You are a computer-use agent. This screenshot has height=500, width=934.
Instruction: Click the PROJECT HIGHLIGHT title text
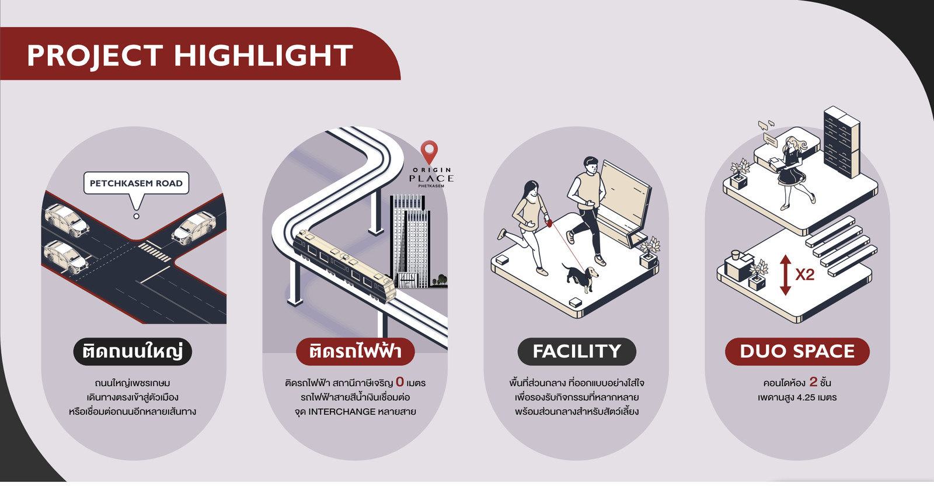click(x=190, y=55)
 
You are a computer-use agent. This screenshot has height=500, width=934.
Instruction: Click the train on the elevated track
click(x=344, y=265)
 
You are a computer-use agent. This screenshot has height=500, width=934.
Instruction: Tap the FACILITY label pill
click(x=577, y=352)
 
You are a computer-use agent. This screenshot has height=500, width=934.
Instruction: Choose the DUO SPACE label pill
click(x=797, y=352)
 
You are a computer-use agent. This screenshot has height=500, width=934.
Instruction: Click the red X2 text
click(x=805, y=275)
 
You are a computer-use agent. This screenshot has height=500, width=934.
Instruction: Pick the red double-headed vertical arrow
click(x=786, y=275)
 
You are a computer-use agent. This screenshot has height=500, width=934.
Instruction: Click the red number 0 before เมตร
click(x=399, y=381)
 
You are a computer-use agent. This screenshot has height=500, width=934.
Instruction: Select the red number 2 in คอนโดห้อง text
click(x=813, y=381)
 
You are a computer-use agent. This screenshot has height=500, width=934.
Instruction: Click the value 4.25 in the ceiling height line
click(x=806, y=397)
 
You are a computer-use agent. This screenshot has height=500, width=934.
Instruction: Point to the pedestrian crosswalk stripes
click(x=154, y=252)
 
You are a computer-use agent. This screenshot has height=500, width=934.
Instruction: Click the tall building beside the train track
click(x=410, y=241)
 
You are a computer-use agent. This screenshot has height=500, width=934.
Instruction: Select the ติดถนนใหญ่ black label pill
click(x=133, y=352)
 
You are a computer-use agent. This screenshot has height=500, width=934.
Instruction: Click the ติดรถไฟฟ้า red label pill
click(x=356, y=352)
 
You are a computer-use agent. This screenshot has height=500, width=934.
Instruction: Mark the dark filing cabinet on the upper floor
click(x=842, y=142)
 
